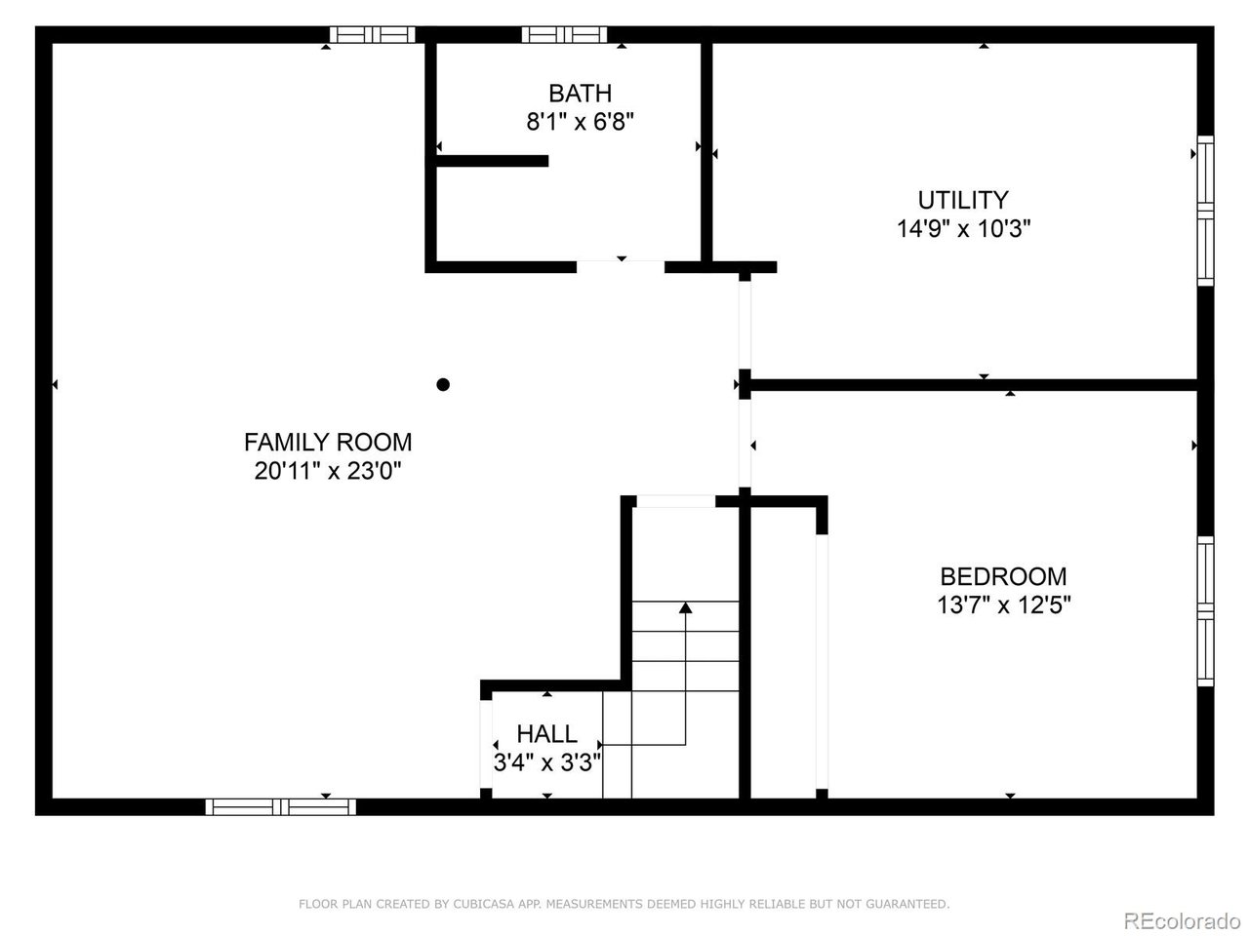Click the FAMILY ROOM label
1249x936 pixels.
click(x=328, y=442)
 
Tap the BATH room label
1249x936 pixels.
click(x=580, y=94)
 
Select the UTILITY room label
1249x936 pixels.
click(x=963, y=200)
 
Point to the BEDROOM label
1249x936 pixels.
click(x=1003, y=576)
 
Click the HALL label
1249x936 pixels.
click(x=546, y=733)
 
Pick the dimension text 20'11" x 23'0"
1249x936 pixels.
click(x=328, y=471)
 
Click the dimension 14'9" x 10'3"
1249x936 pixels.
click(x=963, y=229)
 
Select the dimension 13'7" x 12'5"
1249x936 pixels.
click(x=1003, y=605)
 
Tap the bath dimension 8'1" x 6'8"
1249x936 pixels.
click(x=580, y=123)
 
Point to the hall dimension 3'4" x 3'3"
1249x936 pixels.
click(x=546, y=761)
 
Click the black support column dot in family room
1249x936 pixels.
click(x=443, y=384)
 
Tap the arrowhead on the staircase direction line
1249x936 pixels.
click(x=685, y=607)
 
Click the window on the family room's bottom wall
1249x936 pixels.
click(x=281, y=806)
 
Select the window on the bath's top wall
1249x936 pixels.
click(x=564, y=35)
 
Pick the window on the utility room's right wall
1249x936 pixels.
click(x=1206, y=210)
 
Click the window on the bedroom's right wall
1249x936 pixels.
click(x=1206, y=611)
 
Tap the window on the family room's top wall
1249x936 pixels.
click(x=372, y=35)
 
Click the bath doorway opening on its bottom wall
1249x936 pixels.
click(x=621, y=265)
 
